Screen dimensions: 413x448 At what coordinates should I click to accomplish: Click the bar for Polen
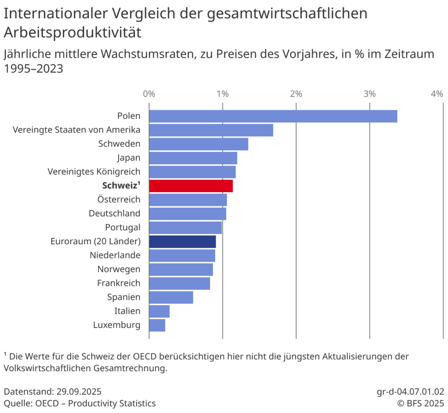[x=273, y=116]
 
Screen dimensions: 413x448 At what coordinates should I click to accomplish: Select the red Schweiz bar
[x=191, y=186]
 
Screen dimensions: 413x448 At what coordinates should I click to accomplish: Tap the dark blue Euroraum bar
[x=182, y=242]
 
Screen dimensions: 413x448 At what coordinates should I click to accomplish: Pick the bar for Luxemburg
[x=157, y=325]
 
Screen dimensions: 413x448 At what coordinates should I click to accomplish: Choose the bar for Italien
[x=159, y=311]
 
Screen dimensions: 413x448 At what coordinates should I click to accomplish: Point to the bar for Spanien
[x=171, y=297]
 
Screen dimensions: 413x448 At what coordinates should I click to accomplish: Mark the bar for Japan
[x=193, y=158]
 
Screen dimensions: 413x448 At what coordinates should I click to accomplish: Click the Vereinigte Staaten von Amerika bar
[x=211, y=130]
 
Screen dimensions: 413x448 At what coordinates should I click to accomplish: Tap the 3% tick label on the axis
[x=370, y=94]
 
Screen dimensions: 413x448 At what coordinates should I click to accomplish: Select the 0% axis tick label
[x=149, y=94]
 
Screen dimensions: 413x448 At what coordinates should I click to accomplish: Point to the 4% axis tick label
[x=437, y=94]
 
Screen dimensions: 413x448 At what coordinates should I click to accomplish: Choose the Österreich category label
[x=119, y=200]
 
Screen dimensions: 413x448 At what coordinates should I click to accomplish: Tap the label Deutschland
[x=115, y=214]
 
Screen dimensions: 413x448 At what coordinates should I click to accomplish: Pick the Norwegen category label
[x=119, y=269]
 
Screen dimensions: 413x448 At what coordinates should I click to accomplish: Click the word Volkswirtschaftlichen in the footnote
[x=47, y=368]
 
